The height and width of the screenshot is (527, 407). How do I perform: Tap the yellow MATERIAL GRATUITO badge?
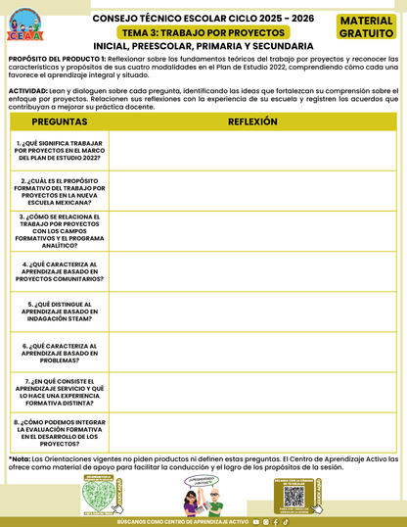(366, 26)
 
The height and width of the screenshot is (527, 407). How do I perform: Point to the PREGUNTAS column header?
(60, 121)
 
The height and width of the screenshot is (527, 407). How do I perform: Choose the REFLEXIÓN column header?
(252, 121)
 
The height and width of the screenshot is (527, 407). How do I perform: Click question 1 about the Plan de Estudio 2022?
(60, 151)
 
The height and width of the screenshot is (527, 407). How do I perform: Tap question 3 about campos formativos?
(60, 232)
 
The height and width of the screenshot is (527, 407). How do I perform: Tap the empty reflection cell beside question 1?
(252, 151)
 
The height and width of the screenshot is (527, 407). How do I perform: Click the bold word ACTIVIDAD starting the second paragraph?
(28, 89)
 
